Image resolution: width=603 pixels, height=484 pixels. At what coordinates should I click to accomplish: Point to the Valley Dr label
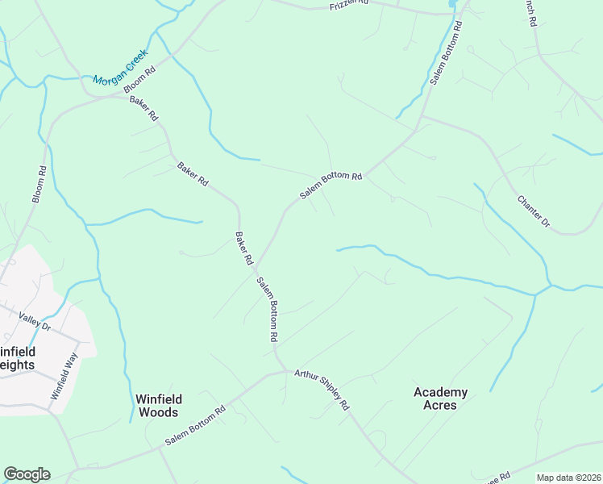click(x=35, y=325)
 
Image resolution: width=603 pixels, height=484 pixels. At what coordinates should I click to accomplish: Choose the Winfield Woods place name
click(x=159, y=405)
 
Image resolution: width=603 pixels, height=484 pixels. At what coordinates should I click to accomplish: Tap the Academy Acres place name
click(x=440, y=398)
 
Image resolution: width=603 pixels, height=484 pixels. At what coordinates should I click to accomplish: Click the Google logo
click(x=27, y=474)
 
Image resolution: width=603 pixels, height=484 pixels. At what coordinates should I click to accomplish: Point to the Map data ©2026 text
click(x=568, y=478)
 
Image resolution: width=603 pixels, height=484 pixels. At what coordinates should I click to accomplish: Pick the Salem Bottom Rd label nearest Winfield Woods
click(x=195, y=426)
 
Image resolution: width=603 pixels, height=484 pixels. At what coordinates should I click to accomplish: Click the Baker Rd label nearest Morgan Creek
click(x=144, y=109)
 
